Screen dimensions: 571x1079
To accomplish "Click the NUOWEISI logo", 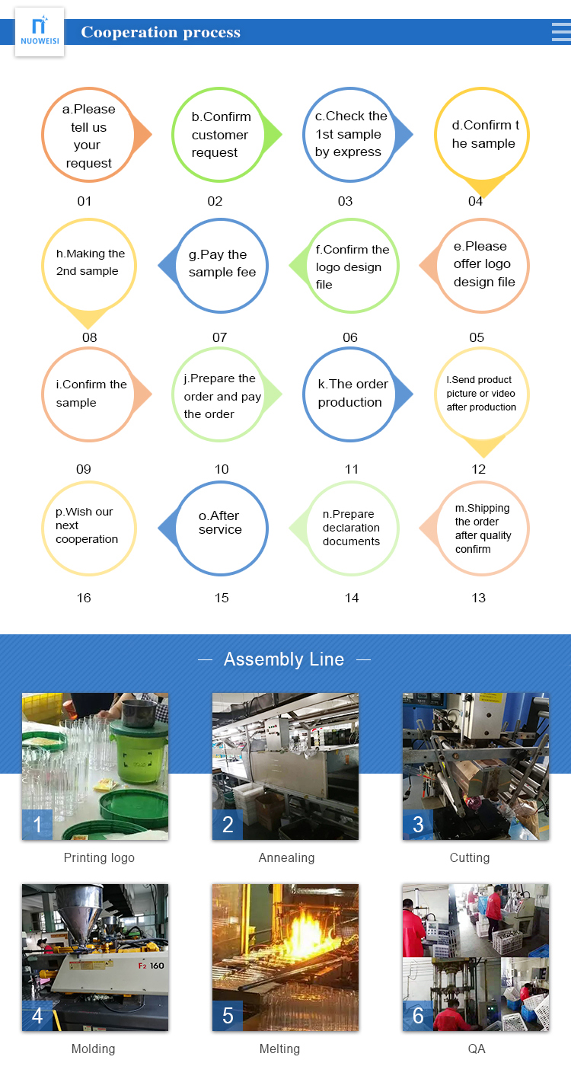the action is pos(40,31).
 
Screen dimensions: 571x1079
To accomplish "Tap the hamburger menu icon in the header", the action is pos(560,31).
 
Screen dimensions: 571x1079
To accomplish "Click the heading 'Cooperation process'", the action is pos(161,32).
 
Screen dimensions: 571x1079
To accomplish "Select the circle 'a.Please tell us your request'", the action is pos(88,136).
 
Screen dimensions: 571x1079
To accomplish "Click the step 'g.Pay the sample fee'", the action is pos(222,264).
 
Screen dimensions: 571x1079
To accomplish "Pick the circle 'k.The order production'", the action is pos(352,394).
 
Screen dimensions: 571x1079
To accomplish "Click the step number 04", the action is pos(475,201).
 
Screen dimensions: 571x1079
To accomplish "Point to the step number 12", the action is pos(478,469).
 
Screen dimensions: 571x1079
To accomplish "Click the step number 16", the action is pos(84,598).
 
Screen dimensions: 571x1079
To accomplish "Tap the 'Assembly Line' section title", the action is pos(284,659).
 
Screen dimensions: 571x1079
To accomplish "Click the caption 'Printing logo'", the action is pos(99,857).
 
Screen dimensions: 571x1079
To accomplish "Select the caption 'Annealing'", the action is pos(286,857).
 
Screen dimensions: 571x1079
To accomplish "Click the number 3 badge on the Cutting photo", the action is pos(418,825).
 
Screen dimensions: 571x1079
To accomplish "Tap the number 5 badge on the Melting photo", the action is pos(228,1016).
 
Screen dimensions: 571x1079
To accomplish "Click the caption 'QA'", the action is pos(477,1049).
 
